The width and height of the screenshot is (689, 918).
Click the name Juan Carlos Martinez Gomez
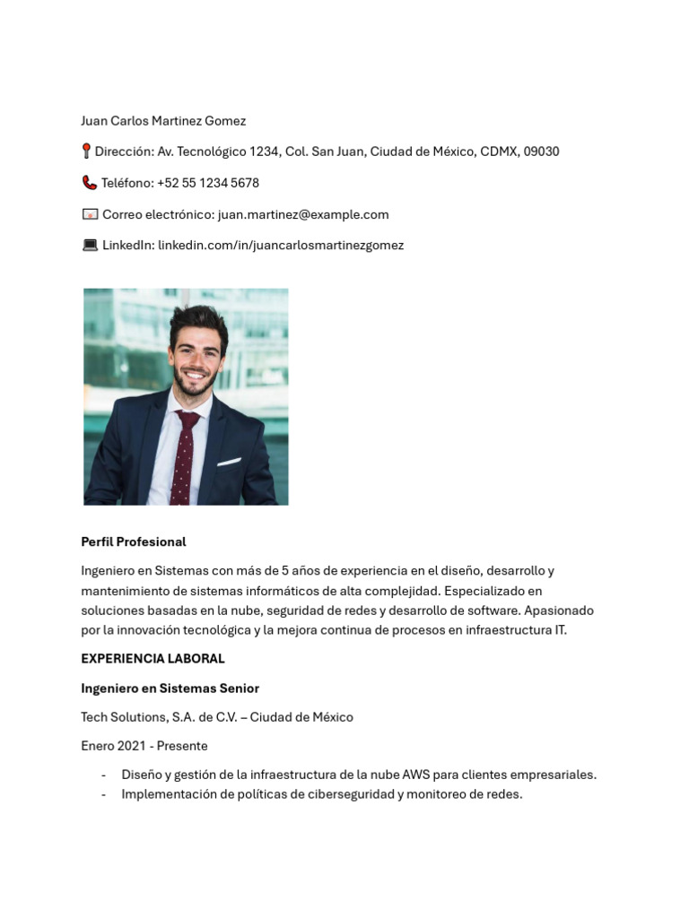pyautogui.click(x=163, y=121)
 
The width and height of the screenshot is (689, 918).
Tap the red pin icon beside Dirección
pyautogui.click(x=86, y=152)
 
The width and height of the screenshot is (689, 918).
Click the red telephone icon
pyautogui.click(x=89, y=183)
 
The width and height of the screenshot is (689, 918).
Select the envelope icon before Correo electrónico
pyautogui.click(x=90, y=214)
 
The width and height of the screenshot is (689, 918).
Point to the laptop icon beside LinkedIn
pyautogui.click(x=90, y=245)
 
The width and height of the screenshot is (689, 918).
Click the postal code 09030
pyautogui.click(x=541, y=152)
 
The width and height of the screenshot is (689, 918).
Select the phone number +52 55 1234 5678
pyautogui.click(x=207, y=183)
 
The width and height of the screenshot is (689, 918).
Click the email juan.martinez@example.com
pyautogui.click(x=303, y=214)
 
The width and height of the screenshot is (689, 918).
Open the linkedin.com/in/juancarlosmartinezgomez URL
pyautogui.click(x=281, y=245)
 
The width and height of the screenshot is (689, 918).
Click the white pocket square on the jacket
pyautogui.click(x=229, y=463)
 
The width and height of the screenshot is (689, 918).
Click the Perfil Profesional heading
pyautogui.click(x=134, y=541)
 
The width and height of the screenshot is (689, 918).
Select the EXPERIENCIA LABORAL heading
pyautogui.click(x=153, y=658)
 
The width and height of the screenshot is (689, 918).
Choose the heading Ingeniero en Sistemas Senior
pyautogui.click(x=170, y=688)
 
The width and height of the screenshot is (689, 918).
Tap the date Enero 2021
pyautogui.click(x=114, y=746)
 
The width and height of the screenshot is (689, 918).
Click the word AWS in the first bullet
pyautogui.click(x=415, y=775)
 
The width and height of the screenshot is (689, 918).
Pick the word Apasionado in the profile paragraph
pyautogui.click(x=559, y=611)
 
